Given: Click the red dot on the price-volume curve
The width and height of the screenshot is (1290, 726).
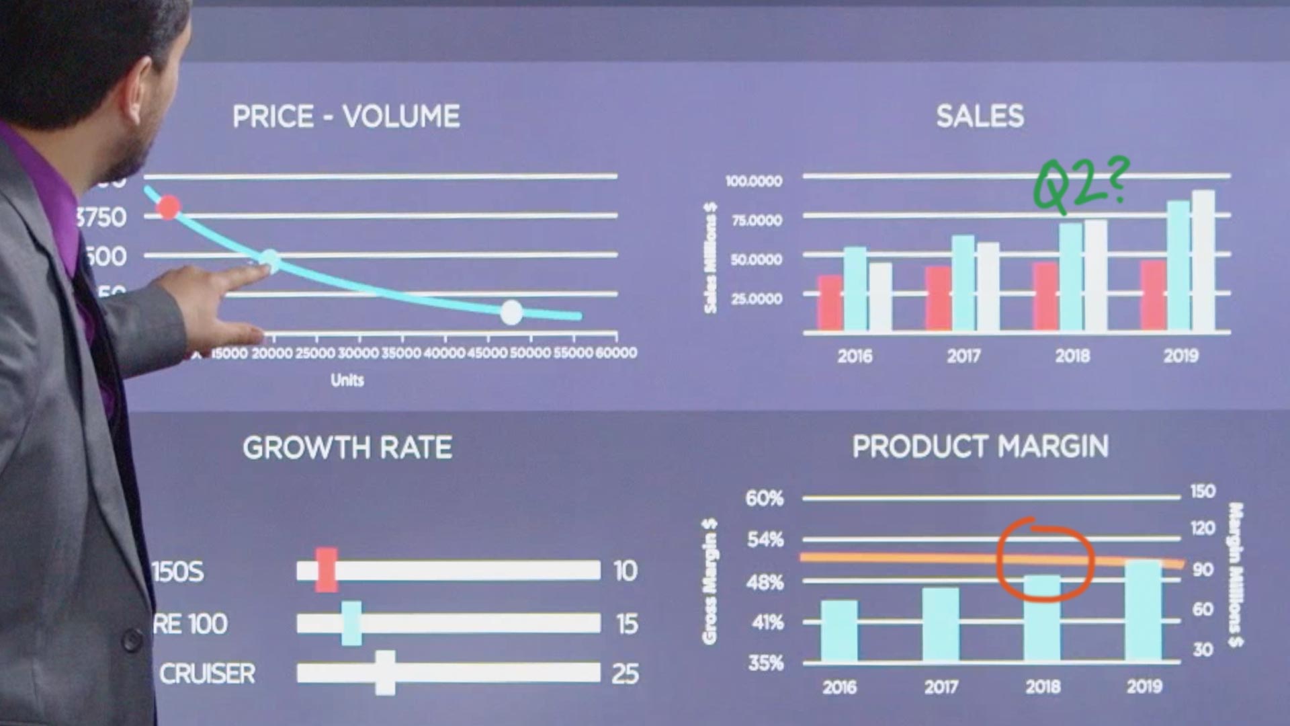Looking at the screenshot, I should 169,207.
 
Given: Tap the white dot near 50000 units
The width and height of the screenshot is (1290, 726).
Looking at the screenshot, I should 511,313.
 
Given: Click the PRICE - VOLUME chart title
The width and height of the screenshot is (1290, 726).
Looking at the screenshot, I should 346,117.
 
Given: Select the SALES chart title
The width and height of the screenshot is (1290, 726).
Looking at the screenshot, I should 980,116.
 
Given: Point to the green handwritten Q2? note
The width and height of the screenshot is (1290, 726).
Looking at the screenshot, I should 1079,185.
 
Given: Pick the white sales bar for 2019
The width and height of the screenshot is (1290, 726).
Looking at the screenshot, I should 1203,262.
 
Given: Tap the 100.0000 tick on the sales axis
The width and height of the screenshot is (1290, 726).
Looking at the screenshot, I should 754,181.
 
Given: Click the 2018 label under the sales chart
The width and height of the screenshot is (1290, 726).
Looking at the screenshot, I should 1072,356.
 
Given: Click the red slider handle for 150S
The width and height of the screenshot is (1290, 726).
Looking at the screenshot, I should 327,570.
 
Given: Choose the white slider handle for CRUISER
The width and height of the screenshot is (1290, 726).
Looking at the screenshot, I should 385,673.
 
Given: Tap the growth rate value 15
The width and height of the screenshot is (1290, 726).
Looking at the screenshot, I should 626,624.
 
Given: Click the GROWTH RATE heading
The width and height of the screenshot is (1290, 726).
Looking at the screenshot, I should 347,448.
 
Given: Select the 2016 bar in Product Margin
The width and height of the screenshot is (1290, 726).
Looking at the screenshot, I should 839,631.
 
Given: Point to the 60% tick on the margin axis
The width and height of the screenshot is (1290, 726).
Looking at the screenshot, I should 765,498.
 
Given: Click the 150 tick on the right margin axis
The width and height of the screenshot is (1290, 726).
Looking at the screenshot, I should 1202,491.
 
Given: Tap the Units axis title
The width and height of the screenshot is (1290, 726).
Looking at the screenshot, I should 347,380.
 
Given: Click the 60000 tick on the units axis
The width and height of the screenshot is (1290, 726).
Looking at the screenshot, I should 616,353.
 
